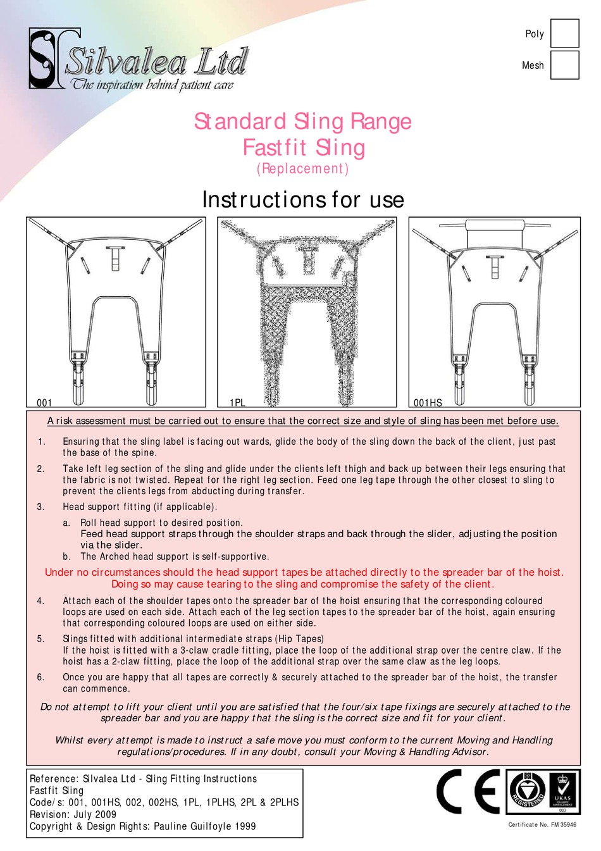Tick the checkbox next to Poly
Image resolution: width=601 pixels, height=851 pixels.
564,34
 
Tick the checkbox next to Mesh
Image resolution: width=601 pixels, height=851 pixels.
564,65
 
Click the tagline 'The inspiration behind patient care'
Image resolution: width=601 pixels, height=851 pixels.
152,85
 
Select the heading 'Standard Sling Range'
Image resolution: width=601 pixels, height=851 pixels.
302,121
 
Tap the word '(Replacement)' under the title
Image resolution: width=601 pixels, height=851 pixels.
302,168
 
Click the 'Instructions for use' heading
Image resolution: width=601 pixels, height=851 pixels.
302,199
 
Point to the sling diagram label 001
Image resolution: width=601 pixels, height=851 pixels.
44,402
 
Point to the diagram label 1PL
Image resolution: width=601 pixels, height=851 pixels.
237,402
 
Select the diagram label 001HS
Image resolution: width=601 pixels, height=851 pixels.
428,402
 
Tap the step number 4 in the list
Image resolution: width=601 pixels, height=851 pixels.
40,600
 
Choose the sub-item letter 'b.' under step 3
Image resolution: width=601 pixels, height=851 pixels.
66,557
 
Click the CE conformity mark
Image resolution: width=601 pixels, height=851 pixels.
468,792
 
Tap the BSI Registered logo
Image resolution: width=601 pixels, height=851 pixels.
526,792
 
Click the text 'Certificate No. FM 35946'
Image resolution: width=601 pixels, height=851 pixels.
542,824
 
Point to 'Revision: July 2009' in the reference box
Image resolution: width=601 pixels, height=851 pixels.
73,814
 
